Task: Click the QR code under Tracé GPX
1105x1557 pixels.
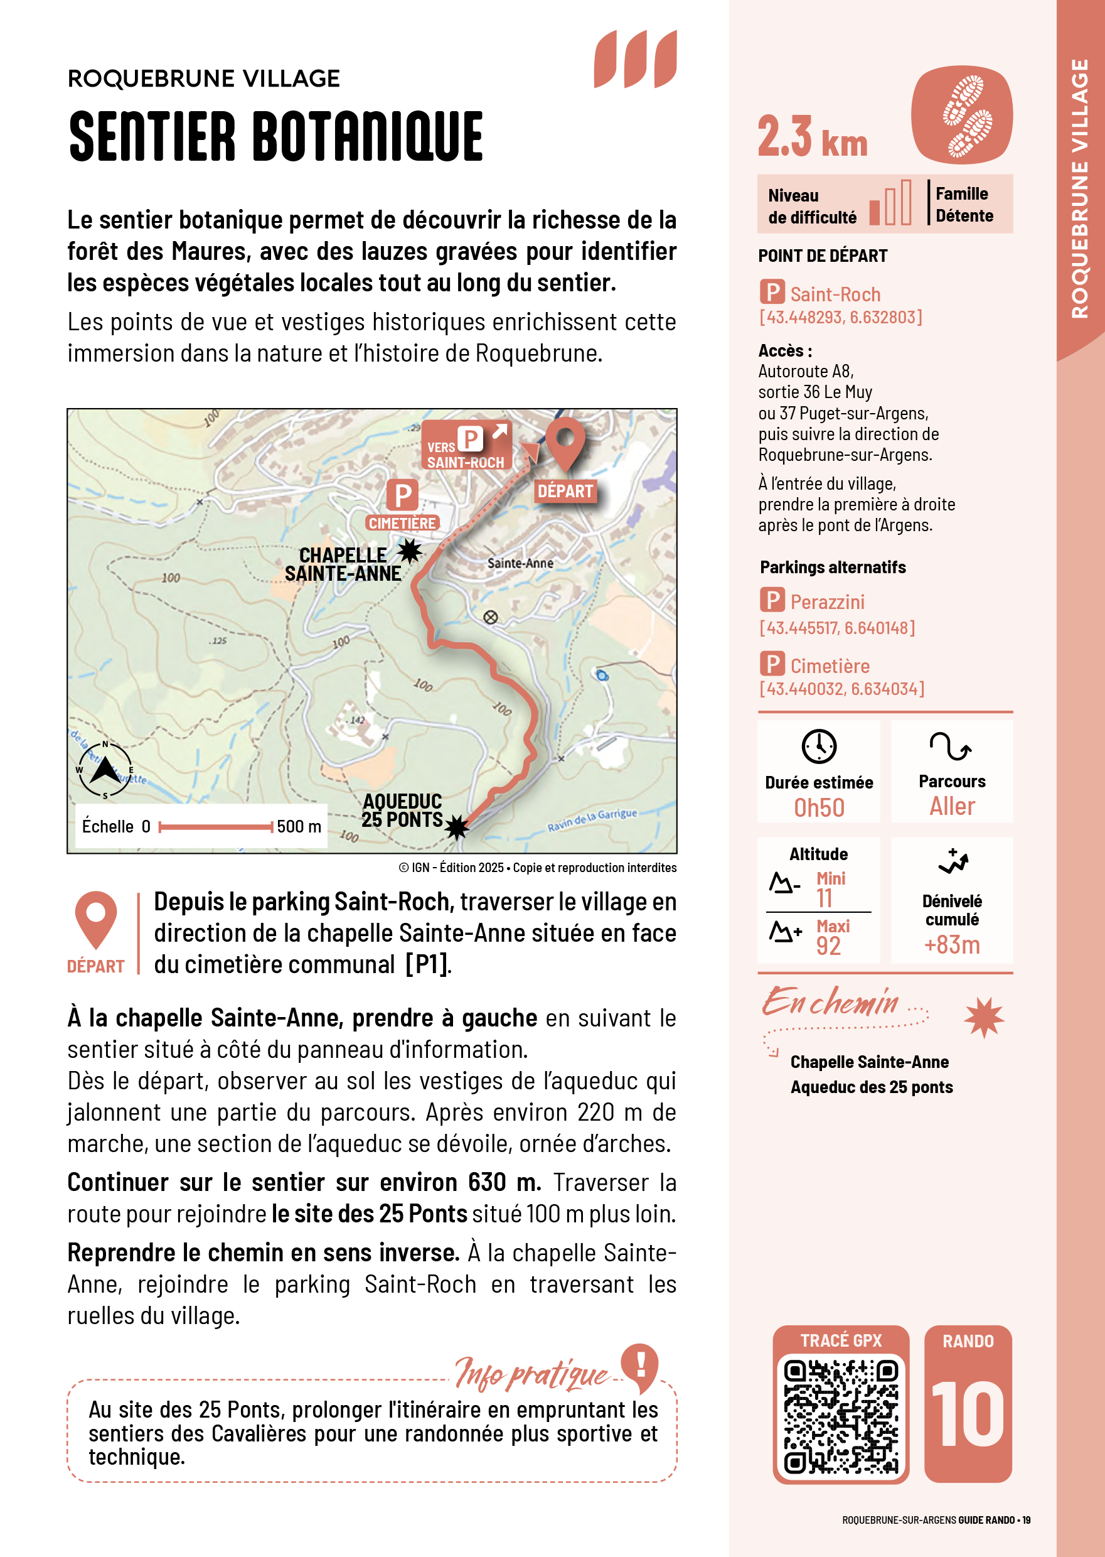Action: [x=841, y=1416]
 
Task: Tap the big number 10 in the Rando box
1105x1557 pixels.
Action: [x=968, y=1414]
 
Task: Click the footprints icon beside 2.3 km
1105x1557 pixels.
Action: [x=961, y=115]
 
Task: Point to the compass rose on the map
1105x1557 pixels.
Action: [x=105, y=770]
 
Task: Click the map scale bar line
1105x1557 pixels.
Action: [x=216, y=826]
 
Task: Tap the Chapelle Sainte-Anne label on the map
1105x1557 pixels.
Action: [x=343, y=564]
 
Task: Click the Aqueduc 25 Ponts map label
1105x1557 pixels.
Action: [x=402, y=810]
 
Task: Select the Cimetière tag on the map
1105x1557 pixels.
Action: [x=402, y=523]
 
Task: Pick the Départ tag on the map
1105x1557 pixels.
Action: [x=565, y=491]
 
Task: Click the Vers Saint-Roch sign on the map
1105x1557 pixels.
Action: [x=466, y=446]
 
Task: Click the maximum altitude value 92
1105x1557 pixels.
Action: [x=828, y=946]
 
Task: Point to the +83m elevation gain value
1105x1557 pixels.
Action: [x=952, y=945]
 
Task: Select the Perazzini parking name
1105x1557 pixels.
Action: [x=828, y=602]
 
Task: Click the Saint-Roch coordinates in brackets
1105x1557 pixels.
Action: [x=840, y=317]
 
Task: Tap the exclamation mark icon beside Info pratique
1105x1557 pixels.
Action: [x=640, y=1365]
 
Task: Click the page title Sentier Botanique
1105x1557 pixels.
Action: [x=276, y=137]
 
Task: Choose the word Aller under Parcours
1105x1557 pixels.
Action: [x=952, y=807]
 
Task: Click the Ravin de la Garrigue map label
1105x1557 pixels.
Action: [x=592, y=821]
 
